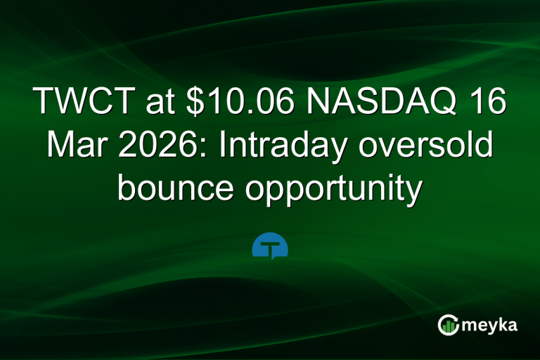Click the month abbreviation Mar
[x=72, y=146]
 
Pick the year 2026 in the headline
[x=158, y=146]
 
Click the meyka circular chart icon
[x=448, y=325]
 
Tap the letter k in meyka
[x=501, y=324]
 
